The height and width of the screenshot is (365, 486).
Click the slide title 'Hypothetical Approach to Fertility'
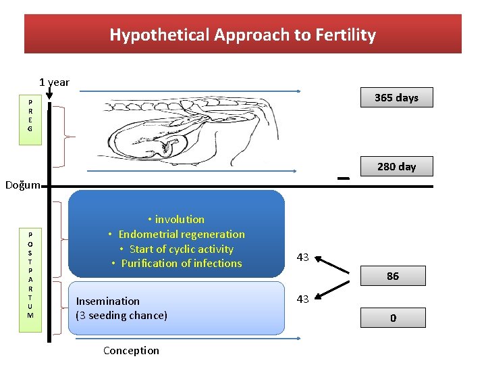click(242, 34)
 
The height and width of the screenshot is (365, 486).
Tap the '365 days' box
click(396, 97)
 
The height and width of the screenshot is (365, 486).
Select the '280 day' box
click(396, 166)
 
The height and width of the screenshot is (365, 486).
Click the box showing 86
click(392, 276)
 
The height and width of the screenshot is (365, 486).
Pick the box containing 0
click(392, 318)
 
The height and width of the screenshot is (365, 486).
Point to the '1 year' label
click(54, 82)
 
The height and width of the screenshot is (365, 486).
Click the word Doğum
click(23, 185)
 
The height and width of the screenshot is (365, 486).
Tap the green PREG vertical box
click(29, 115)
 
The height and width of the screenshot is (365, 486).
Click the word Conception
click(131, 350)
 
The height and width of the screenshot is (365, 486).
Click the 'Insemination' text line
click(108, 301)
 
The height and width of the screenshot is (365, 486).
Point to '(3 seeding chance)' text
click(122, 315)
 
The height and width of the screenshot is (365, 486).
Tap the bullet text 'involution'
click(179, 219)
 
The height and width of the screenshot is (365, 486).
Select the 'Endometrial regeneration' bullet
click(181, 234)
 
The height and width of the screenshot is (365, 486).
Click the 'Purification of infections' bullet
click(181, 263)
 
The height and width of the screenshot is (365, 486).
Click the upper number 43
click(302, 257)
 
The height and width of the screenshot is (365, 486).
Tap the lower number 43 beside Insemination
click(302, 299)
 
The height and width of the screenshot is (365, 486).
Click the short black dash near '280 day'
click(343, 178)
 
